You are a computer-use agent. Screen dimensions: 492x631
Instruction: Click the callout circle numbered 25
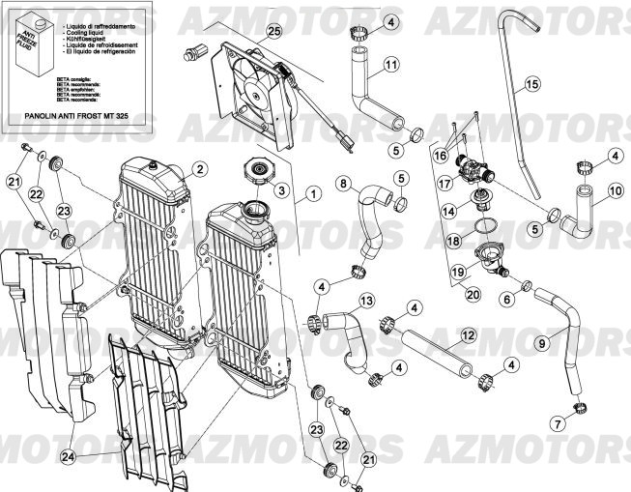(273, 33)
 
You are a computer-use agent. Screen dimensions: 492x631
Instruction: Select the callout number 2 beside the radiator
(198, 168)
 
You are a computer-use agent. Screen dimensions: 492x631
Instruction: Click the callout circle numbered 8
(342, 183)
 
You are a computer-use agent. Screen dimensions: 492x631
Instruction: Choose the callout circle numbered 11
(390, 65)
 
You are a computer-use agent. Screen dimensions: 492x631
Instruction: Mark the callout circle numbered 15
(531, 85)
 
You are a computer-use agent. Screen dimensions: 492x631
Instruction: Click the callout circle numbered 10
(615, 191)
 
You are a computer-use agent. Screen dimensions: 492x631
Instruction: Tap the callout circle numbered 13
(366, 301)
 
